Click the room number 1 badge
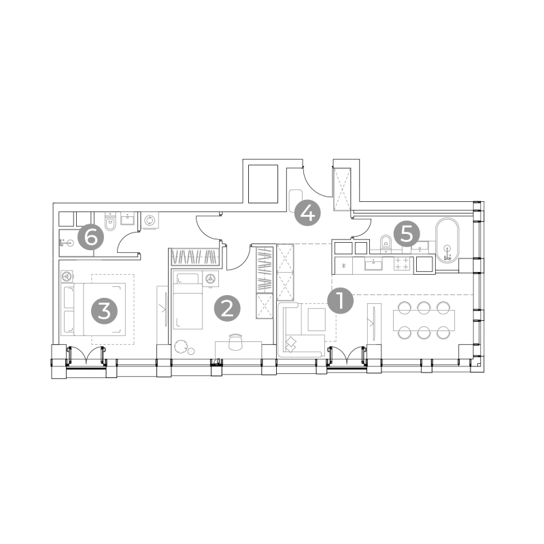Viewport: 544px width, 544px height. pos(341,301)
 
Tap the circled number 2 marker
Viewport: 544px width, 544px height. pos(227,309)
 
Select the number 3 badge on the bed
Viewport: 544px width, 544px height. pos(104,311)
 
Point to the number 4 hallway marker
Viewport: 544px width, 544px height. pos(307,213)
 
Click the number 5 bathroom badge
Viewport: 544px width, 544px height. pos(407,234)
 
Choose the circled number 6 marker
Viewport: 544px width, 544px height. pos(90,237)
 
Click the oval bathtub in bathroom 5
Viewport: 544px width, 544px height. pos(447,240)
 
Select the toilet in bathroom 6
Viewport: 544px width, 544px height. pos(110,222)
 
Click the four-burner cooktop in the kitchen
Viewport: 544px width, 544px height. pos(402,263)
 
